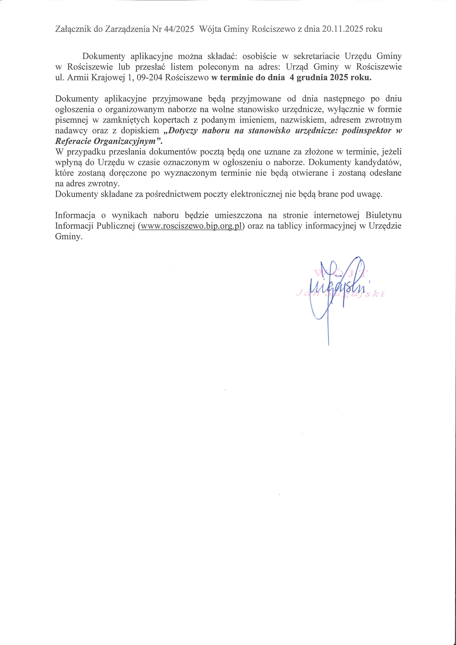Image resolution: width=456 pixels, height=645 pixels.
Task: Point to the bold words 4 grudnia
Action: point(308,78)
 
